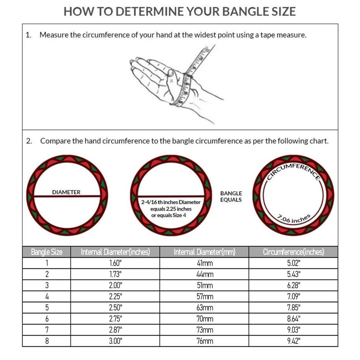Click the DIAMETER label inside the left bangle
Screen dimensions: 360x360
click(66, 192)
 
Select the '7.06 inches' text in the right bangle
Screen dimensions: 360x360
click(294, 219)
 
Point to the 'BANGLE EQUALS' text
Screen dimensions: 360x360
click(231, 196)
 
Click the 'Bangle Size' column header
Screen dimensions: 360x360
click(47, 252)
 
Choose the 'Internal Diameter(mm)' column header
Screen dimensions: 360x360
click(204, 252)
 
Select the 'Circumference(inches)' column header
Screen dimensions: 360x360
click(293, 252)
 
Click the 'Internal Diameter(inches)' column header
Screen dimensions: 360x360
click(115, 252)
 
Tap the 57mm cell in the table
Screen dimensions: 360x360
click(204, 296)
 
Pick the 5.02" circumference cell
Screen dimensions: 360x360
click(293, 263)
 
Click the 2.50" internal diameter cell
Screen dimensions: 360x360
click(115, 308)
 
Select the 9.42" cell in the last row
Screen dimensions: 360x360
click(293, 341)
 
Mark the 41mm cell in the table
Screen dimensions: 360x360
click(204, 263)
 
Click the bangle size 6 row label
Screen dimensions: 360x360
click(47, 319)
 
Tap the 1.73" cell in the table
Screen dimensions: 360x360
click(115, 274)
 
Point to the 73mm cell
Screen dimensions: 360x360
click(204, 330)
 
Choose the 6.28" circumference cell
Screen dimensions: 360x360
click(293, 285)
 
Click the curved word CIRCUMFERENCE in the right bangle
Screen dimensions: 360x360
click(293, 170)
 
